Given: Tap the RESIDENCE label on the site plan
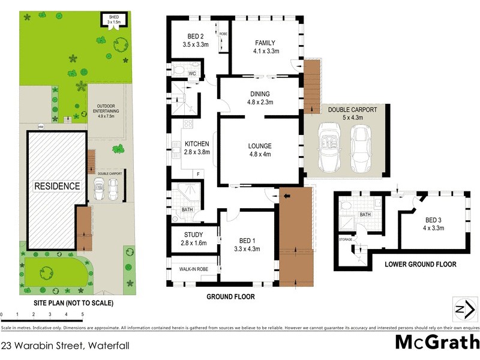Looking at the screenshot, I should click(56, 186).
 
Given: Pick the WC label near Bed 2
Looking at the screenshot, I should click(192, 74).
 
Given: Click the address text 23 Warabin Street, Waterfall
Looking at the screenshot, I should click(65, 345).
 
